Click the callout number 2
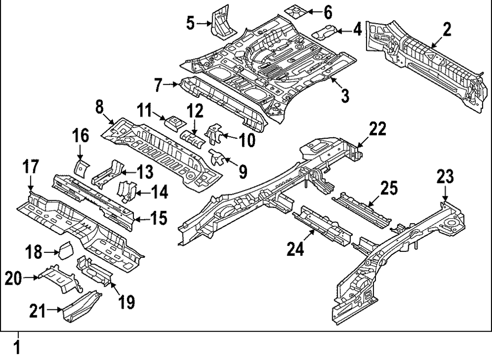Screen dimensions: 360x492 tap(446, 30)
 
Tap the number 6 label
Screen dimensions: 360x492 tap(328, 11)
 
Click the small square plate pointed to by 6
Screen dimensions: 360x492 tap(297, 10)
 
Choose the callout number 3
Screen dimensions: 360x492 tap(344, 95)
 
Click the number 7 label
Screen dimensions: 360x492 tap(158, 86)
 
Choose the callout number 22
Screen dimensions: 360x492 tap(378, 129)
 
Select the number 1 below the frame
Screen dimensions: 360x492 tap(17, 348)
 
